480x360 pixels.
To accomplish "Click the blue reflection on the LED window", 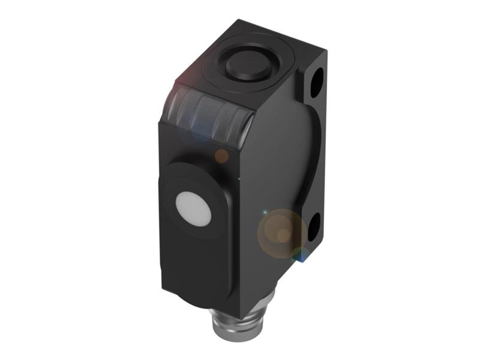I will (198, 129).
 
